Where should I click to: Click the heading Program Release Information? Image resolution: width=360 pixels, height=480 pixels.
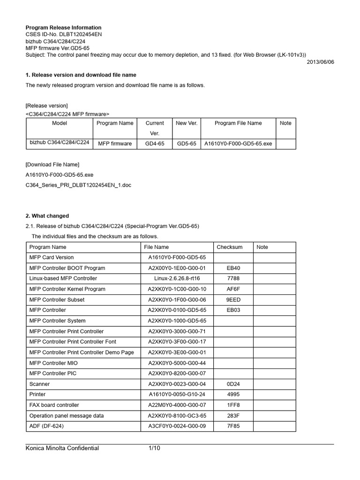[63, 28]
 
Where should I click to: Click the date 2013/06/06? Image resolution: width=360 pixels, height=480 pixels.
[321, 62]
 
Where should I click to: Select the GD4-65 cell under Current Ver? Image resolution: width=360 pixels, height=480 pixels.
[155, 143]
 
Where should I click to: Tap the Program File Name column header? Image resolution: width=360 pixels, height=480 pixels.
[238, 123]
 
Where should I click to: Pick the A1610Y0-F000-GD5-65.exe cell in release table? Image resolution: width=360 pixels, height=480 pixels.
[238, 143]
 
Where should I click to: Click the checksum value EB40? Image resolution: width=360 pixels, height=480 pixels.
[233, 268]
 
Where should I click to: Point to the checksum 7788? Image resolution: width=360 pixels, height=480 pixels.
[233, 278]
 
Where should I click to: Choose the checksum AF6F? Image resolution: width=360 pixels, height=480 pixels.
[233, 289]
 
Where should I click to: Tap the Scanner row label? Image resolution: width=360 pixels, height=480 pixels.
[40, 384]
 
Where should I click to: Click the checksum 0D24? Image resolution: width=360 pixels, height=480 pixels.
[233, 384]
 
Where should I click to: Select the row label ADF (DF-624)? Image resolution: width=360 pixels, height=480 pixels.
[46, 426]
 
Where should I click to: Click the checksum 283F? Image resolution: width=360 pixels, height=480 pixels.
[233, 416]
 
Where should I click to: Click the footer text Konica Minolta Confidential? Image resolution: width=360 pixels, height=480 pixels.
[62, 449]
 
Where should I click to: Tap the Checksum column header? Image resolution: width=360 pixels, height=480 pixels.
[230, 247]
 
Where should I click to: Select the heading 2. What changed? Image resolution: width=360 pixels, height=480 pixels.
[47, 216]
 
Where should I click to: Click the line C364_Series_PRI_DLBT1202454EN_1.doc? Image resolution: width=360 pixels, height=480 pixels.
[78, 185]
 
